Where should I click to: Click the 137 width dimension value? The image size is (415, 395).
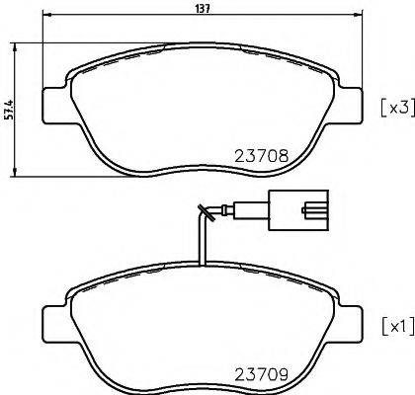[x=201, y=7]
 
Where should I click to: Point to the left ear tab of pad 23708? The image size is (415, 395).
[x=53, y=103]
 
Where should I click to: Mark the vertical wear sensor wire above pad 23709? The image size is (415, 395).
[x=202, y=242]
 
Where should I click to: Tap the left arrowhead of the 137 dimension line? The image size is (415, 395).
[x=46, y=18]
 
